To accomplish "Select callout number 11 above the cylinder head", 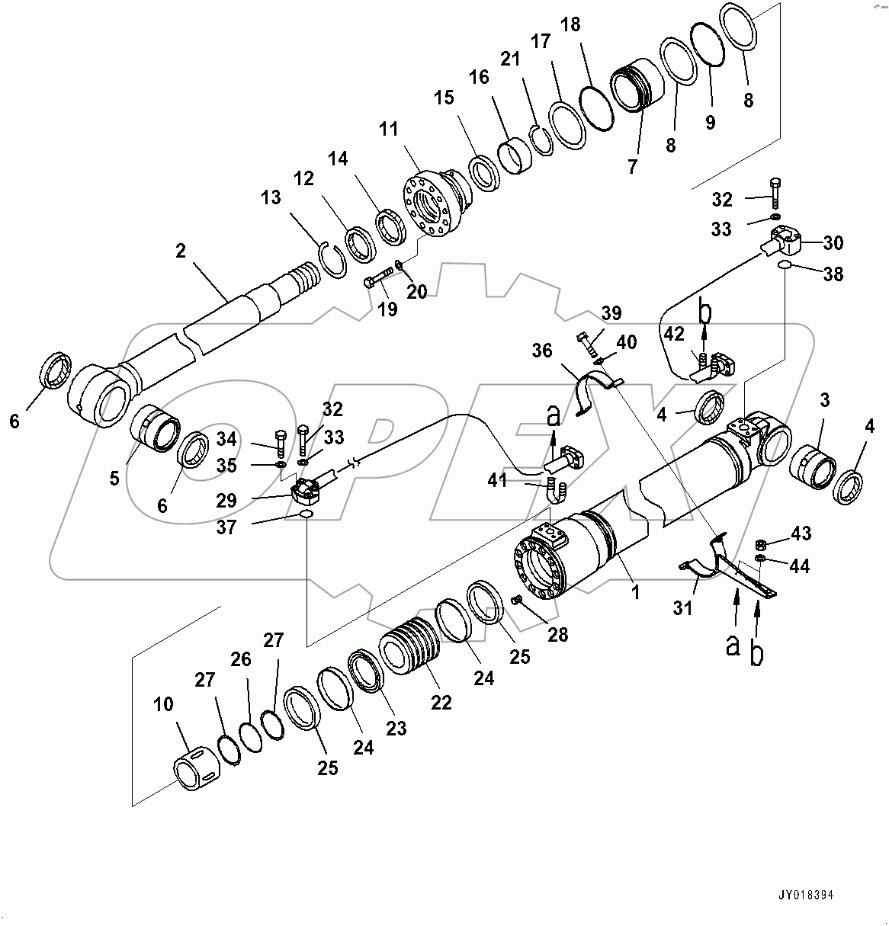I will click(x=389, y=129).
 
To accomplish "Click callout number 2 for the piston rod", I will click(x=180, y=251).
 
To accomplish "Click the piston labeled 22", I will click(x=411, y=652).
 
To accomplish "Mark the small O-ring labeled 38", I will click(x=785, y=264).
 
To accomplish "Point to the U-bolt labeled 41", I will click(x=554, y=492).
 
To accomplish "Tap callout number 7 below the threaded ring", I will click(x=632, y=166).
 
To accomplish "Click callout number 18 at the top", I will click(x=570, y=24).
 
